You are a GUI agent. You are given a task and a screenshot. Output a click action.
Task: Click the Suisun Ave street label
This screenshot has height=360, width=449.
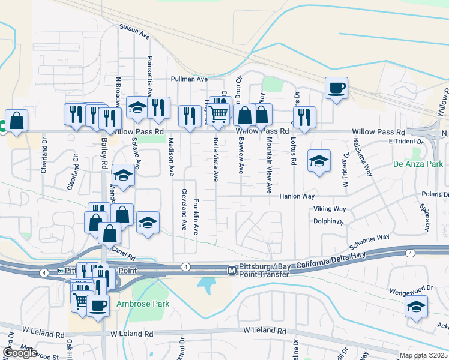point(134,31)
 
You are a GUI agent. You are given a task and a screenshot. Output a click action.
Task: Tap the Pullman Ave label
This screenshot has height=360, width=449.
point(189,79)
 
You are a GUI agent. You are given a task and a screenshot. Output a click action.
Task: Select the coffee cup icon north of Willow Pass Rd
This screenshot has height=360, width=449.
point(336,89)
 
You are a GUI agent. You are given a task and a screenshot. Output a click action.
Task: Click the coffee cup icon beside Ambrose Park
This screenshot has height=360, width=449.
point(98,305)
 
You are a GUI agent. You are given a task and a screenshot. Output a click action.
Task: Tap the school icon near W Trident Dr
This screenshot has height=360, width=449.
point(319,161)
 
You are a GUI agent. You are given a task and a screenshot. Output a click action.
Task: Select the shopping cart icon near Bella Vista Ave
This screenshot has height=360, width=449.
point(218,113)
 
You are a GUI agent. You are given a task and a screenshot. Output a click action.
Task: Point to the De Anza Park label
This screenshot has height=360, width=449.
point(418,164)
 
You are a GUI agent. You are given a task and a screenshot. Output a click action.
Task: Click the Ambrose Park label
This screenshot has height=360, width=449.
point(143,304)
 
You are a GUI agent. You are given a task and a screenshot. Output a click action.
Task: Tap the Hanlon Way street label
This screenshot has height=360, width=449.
point(297,196)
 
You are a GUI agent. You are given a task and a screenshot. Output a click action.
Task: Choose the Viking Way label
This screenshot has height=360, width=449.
point(330,209)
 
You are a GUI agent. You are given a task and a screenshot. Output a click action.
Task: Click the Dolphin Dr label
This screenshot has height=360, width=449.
point(328,221)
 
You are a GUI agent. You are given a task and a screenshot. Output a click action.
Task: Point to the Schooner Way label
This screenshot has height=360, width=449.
point(370,244)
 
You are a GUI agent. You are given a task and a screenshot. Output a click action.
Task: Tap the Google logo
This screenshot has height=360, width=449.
point(20,353)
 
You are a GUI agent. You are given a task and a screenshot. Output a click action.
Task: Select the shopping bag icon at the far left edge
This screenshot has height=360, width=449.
point(17,120)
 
